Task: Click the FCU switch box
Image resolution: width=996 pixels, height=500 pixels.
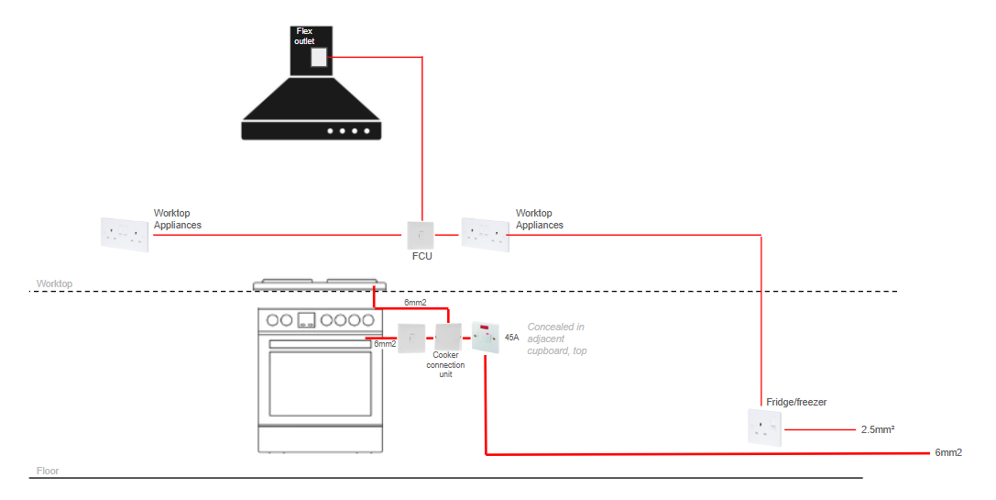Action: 421,236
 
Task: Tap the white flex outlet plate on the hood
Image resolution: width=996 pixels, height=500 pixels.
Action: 319,57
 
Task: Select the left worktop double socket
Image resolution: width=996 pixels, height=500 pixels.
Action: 125,235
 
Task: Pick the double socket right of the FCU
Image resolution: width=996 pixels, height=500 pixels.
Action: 486,235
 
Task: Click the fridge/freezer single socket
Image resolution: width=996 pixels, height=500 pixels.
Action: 765,428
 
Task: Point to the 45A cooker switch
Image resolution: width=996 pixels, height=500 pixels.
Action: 486,338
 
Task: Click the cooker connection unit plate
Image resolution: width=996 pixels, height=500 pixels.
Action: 448,337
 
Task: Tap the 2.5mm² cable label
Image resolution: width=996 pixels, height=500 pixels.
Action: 878,430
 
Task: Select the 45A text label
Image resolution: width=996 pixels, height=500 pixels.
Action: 512,337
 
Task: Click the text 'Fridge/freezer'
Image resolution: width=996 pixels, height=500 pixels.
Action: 796,402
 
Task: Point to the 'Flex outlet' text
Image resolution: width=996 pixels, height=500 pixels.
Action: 304,36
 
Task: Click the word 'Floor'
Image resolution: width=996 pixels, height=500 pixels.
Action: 48,471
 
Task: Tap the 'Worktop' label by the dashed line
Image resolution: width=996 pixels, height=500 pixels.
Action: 55,283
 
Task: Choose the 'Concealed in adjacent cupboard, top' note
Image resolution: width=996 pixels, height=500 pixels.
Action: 557,339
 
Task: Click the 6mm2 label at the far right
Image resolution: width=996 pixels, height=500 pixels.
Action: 948,453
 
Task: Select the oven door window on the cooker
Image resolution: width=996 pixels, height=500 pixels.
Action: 320,383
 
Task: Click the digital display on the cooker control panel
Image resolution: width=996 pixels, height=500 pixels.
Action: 307,320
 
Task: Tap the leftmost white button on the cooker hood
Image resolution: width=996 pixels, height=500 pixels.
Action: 330,131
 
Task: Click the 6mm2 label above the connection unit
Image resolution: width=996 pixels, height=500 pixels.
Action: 415,303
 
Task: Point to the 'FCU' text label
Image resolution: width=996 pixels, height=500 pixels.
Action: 421,256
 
